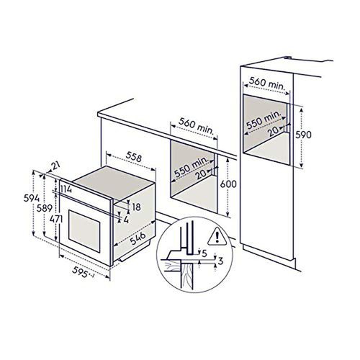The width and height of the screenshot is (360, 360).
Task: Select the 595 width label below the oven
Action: [x=84, y=273]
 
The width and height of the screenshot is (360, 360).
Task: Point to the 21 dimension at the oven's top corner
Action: [x=55, y=166]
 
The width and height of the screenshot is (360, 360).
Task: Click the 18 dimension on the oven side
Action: [x=136, y=206]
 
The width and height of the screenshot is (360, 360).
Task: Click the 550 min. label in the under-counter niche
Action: [x=192, y=166]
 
